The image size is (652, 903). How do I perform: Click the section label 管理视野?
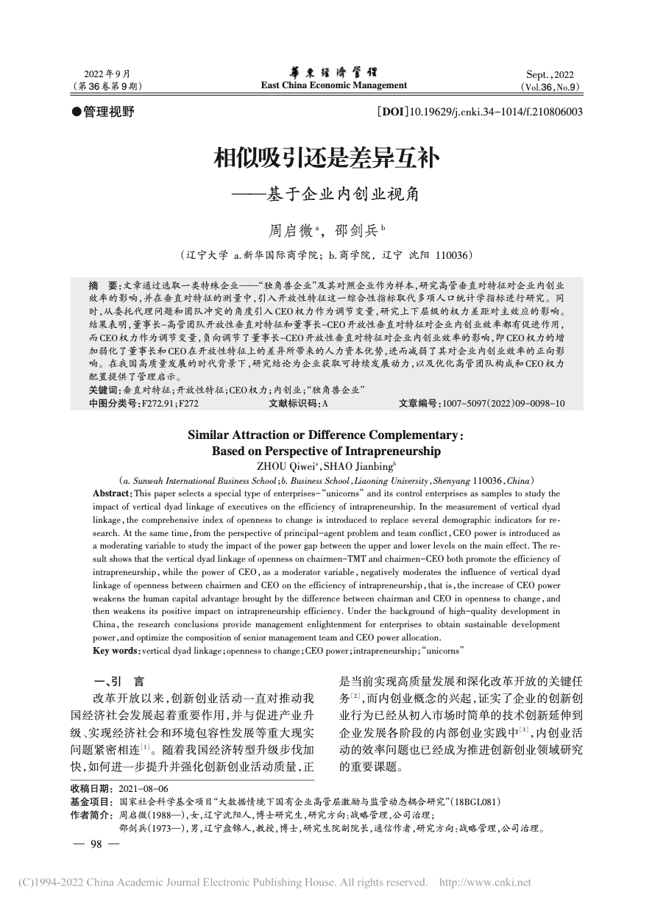(x=110, y=112)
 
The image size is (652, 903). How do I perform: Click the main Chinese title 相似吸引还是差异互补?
(x=326, y=157)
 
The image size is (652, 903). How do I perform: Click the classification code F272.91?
(x=156, y=404)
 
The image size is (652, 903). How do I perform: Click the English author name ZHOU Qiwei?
(x=280, y=465)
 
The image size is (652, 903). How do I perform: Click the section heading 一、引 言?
(x=118, y=681)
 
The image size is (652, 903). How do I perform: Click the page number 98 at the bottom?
(x=94, y=845)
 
